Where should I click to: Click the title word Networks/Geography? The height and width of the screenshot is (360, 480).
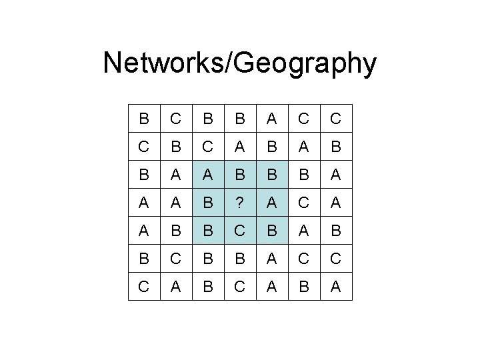coord(240,64)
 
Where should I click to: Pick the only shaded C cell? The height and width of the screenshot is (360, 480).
coord(240,231)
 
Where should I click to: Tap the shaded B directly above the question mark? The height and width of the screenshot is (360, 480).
coord(240,175)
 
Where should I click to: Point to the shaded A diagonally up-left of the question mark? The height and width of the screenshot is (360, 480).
coord(208,175)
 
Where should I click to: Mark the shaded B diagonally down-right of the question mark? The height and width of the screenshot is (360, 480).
coord(272,231)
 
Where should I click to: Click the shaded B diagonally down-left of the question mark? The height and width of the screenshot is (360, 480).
coord(208,231)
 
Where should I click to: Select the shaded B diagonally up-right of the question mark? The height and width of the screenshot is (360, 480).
coord(272,175)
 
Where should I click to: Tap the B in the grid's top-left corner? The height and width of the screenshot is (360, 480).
coord(144,119)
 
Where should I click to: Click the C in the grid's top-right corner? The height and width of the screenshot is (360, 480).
coord(336,119)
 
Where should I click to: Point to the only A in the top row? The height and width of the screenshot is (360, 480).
coord(272,119)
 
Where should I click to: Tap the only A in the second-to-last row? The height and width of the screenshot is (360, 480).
coord(272,258)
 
